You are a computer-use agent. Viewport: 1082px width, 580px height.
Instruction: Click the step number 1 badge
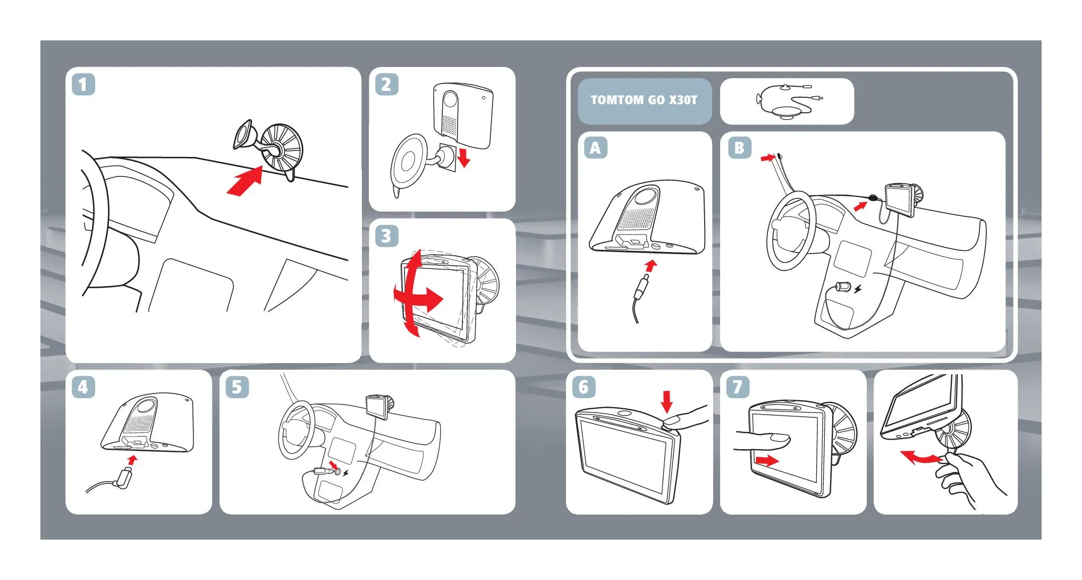(x=83, y=85)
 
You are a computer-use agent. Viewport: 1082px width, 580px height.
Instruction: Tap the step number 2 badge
(x=386, y=85)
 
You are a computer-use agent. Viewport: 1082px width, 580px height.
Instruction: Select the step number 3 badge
(x=386, y=236)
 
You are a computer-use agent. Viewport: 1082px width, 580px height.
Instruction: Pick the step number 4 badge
(x=83, y=387)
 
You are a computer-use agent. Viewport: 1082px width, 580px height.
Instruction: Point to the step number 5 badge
(x=237, y=387)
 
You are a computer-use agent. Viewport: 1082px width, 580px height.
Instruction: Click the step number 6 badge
(x=584, y=387)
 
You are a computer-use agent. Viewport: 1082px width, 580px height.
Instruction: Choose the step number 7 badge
(x=738, y=387)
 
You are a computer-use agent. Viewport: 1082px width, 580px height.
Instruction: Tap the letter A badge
(x=596, y=148)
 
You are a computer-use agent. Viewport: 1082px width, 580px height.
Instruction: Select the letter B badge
(x=739, y=148)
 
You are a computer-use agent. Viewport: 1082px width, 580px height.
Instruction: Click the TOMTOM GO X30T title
(x=644, y=100)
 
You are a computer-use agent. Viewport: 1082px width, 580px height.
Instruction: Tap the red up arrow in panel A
(x=650, y=266)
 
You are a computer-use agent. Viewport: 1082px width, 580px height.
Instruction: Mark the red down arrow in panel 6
(x=667, y=401)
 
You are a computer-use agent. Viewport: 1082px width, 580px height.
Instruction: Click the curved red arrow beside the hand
(x=920, y=457)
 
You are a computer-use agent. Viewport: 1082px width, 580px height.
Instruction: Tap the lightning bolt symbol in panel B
(x=858, y=289)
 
